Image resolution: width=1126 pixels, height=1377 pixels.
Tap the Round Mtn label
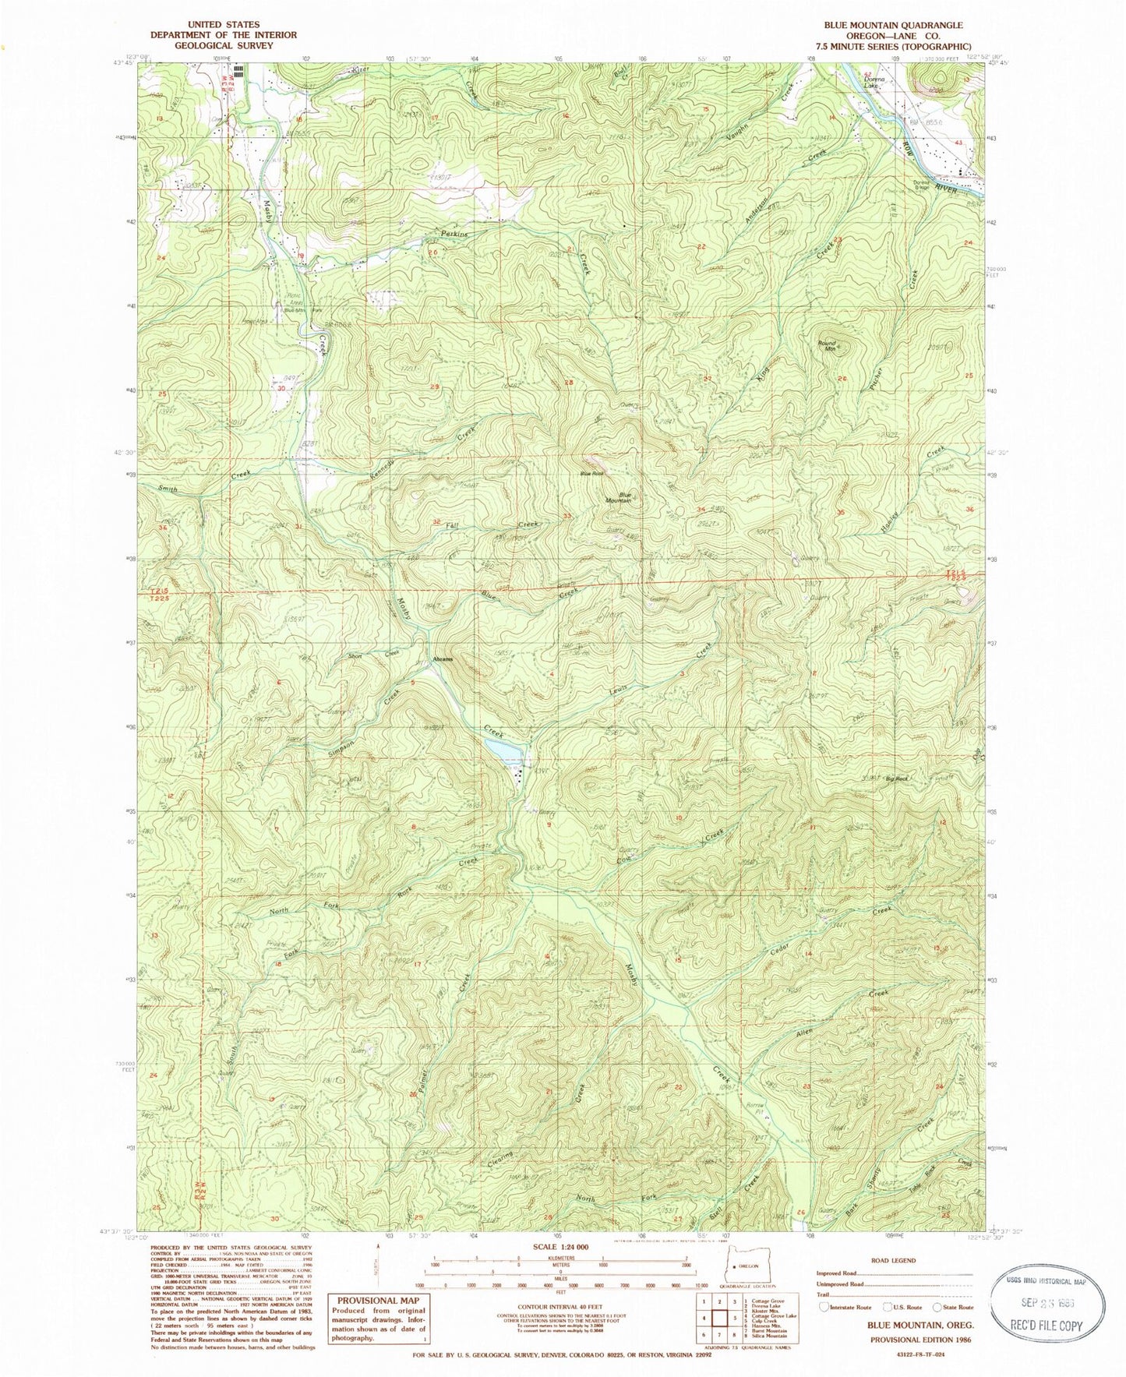click(x=826, y=346)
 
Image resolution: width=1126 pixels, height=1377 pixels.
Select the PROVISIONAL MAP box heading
click(x=377, y=1301)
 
